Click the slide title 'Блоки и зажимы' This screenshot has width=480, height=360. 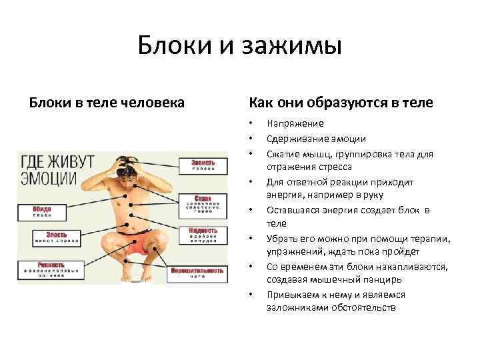[240, 46]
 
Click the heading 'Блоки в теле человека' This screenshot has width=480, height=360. [107, 103]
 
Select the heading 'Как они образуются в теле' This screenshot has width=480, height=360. [341, 103]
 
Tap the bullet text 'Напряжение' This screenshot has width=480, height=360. [295, 123]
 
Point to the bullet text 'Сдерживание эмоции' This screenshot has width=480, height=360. [316, 139]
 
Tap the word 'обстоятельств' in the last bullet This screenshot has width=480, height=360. [362, 309]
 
